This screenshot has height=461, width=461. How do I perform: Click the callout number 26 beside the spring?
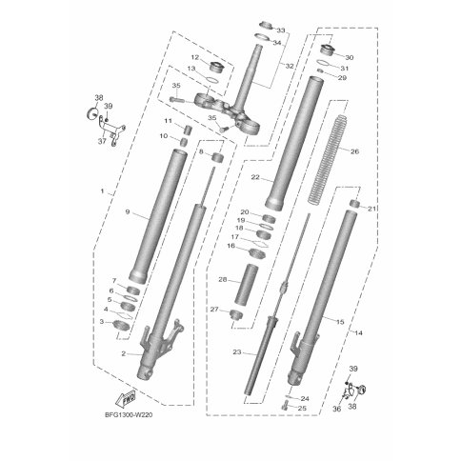tap(354, 151)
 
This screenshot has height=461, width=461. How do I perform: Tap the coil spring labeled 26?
tap(328, 159)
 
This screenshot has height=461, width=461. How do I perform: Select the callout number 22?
tap(255, 177)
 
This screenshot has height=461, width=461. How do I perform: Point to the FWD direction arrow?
tap(126, 398)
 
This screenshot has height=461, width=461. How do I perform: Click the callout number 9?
tap(128, 211)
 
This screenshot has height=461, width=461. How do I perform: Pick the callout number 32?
tap(290, 67)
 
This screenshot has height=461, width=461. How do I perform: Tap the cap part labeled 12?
tap(217, 68)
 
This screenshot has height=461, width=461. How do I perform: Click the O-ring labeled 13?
tap(210, 80)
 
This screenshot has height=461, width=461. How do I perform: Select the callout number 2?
tap(124, 354)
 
